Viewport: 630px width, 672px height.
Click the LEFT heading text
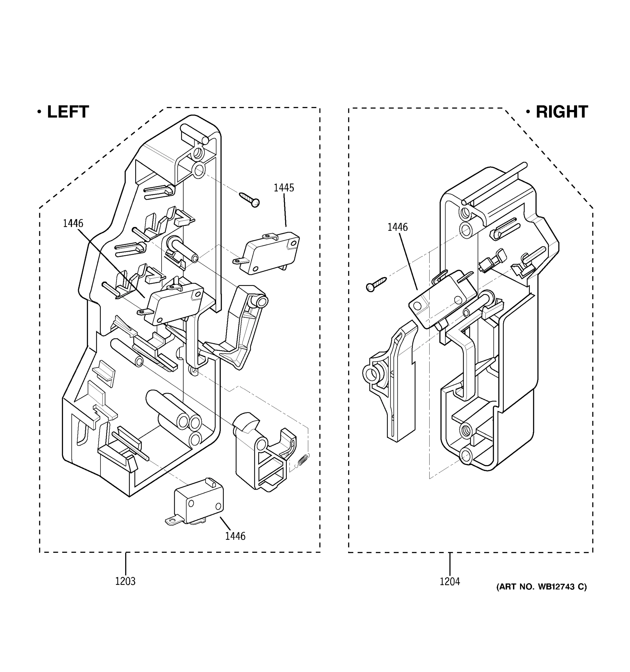tap(67, 112)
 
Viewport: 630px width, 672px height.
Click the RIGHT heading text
tap(561, 112)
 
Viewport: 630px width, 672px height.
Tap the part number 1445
tap(284, 188)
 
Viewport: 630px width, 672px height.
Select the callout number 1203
tap(125, 581)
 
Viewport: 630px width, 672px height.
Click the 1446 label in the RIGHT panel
tap(398, 227)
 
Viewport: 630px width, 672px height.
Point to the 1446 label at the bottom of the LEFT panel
tap(235, 536)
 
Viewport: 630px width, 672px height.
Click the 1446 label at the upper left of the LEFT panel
tap(73, 223)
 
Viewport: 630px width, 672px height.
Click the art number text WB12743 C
tap(542, 587)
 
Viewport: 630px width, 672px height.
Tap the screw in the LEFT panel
tap(249, 199)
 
